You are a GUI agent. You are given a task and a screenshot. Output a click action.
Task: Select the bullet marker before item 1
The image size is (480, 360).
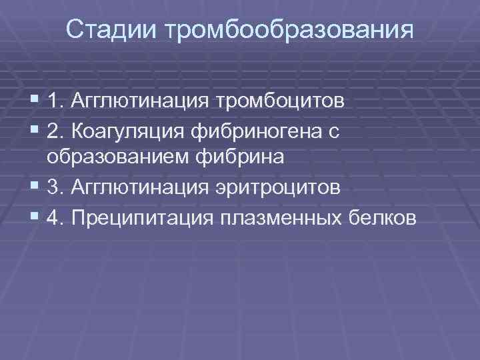tap(35, 102)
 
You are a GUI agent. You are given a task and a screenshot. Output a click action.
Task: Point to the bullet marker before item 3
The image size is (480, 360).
tap(35, 188)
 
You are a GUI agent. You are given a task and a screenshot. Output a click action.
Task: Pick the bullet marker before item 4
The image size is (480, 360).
tap(35, 217)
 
